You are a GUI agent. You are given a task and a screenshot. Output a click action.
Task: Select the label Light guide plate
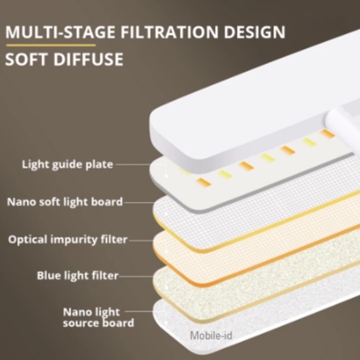click(66, 165)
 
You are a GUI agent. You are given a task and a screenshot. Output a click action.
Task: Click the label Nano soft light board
click(64, 202)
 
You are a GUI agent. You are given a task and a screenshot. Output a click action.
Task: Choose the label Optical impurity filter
click(65, 239)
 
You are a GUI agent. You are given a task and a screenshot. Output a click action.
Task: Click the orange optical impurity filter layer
click(243, 243)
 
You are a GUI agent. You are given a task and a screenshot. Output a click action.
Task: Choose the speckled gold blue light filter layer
click(243, 280)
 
